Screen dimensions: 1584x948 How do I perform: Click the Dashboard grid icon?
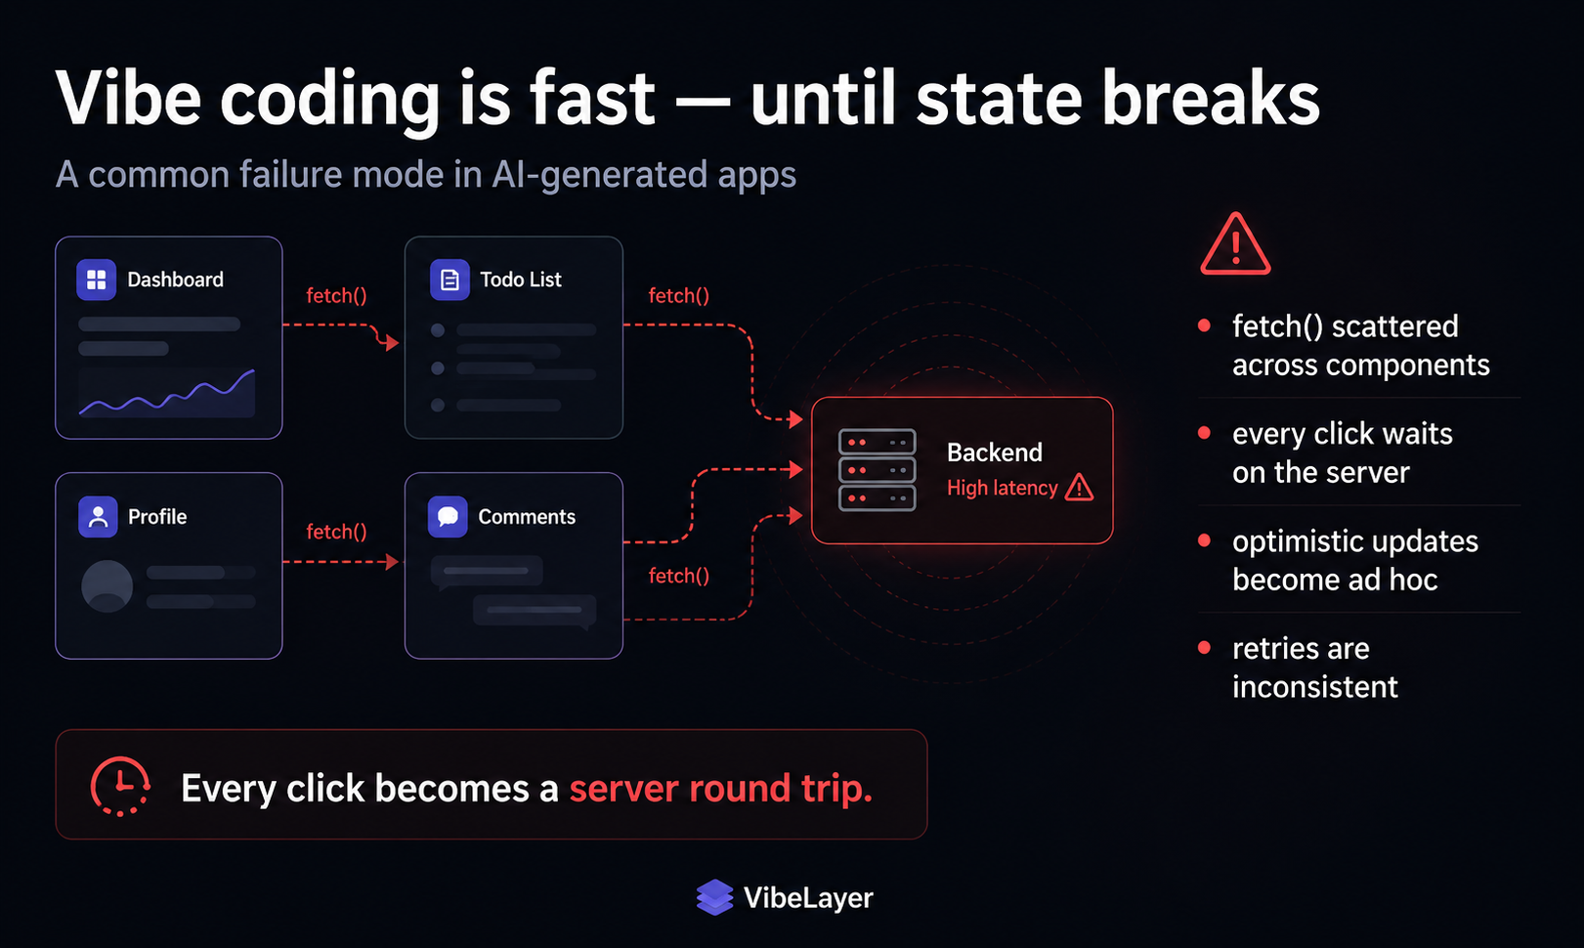[96, 280]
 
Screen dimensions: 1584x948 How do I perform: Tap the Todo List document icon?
[450, 280]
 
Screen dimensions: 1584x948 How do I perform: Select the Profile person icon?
[98, 516]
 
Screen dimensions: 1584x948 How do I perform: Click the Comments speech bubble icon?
[448, 516]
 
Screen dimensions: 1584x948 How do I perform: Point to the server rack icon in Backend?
[877, 470]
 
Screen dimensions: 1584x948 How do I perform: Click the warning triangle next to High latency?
[1079, 488]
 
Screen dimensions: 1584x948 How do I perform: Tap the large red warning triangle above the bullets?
[1235, 243]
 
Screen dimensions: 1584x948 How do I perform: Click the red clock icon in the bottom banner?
[120, 786]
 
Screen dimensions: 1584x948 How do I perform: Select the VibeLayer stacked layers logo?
[714, 897]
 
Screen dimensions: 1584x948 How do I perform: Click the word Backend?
[994, 452]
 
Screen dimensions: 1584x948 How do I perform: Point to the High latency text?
[1002, 488]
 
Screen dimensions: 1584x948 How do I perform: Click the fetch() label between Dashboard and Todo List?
[336, 295]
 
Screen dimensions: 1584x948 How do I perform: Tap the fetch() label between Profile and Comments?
[336, 532]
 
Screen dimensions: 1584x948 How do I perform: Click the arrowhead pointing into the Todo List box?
[393, 343]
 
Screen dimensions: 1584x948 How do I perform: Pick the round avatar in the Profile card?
[107, 585]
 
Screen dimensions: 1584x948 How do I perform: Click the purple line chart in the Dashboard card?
[167, 393]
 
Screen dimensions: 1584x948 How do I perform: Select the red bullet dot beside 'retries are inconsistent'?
[1204, 647]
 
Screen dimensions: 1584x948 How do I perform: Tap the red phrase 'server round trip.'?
[721, 788]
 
